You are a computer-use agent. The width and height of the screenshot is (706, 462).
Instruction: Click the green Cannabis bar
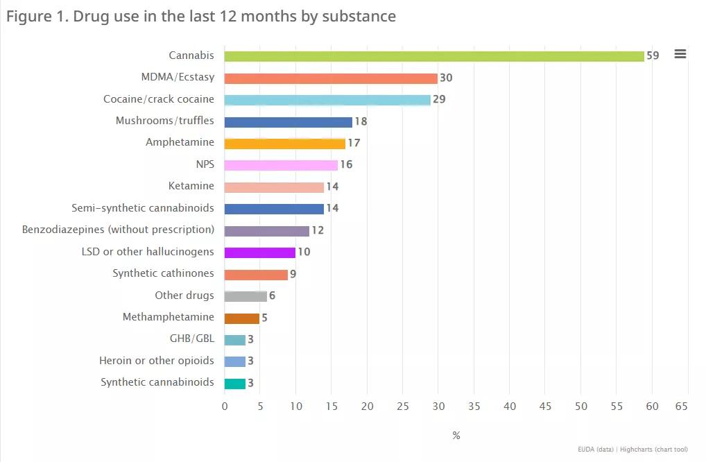tap(434, 56)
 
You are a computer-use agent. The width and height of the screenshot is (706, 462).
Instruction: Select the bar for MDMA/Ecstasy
tap(331, 78)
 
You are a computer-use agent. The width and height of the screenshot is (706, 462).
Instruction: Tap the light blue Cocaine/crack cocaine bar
tap(327, 100)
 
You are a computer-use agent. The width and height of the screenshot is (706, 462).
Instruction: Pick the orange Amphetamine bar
tap(284, 144)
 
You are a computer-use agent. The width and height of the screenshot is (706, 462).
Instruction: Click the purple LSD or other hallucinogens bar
tap(260, 253)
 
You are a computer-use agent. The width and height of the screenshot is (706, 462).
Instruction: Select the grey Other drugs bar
tap(246, 296)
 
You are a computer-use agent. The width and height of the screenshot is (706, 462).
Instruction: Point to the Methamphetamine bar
tap(242, 318)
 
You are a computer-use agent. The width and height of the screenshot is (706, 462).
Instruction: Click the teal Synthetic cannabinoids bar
tap(235, 384)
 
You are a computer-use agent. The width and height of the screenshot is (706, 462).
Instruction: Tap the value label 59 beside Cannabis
tap(653, 55)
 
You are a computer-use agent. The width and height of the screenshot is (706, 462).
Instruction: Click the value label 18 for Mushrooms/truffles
tap(361, 121)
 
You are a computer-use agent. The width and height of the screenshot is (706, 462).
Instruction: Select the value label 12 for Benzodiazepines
tap(318, 230)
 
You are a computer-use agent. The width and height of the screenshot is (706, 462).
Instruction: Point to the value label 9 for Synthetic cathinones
tap(293, 274)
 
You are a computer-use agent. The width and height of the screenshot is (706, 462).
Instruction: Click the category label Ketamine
tap(191, 186)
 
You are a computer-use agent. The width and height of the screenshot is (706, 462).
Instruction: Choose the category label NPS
tap(205, 164)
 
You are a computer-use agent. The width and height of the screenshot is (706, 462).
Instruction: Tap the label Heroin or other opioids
tap(156, 361)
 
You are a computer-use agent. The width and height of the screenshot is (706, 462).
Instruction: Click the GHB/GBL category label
tap(192, 339)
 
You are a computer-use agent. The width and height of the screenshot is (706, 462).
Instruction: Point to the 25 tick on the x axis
tap(403, 407)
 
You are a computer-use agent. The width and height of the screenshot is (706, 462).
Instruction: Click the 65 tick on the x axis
tap(681, 407)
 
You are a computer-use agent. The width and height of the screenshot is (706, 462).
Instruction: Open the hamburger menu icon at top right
tap(680, 54)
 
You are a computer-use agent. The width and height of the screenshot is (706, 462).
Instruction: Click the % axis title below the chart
tap(456, 436)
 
